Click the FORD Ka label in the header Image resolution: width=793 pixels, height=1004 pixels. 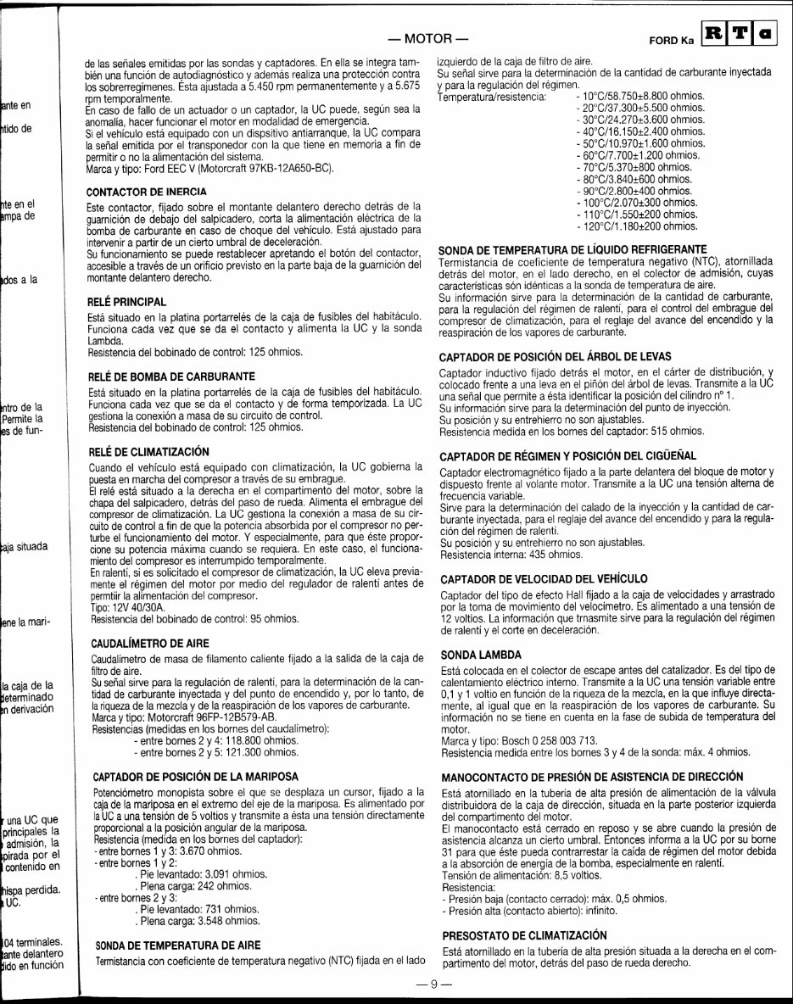point(671,41)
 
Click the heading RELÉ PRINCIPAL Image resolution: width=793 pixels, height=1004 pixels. point(127,302)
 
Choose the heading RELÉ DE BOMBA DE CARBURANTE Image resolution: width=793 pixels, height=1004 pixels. point(172,375)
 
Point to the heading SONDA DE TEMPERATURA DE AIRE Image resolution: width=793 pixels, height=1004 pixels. point(177,944)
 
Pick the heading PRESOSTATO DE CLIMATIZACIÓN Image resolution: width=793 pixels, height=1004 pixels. point(525,934)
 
